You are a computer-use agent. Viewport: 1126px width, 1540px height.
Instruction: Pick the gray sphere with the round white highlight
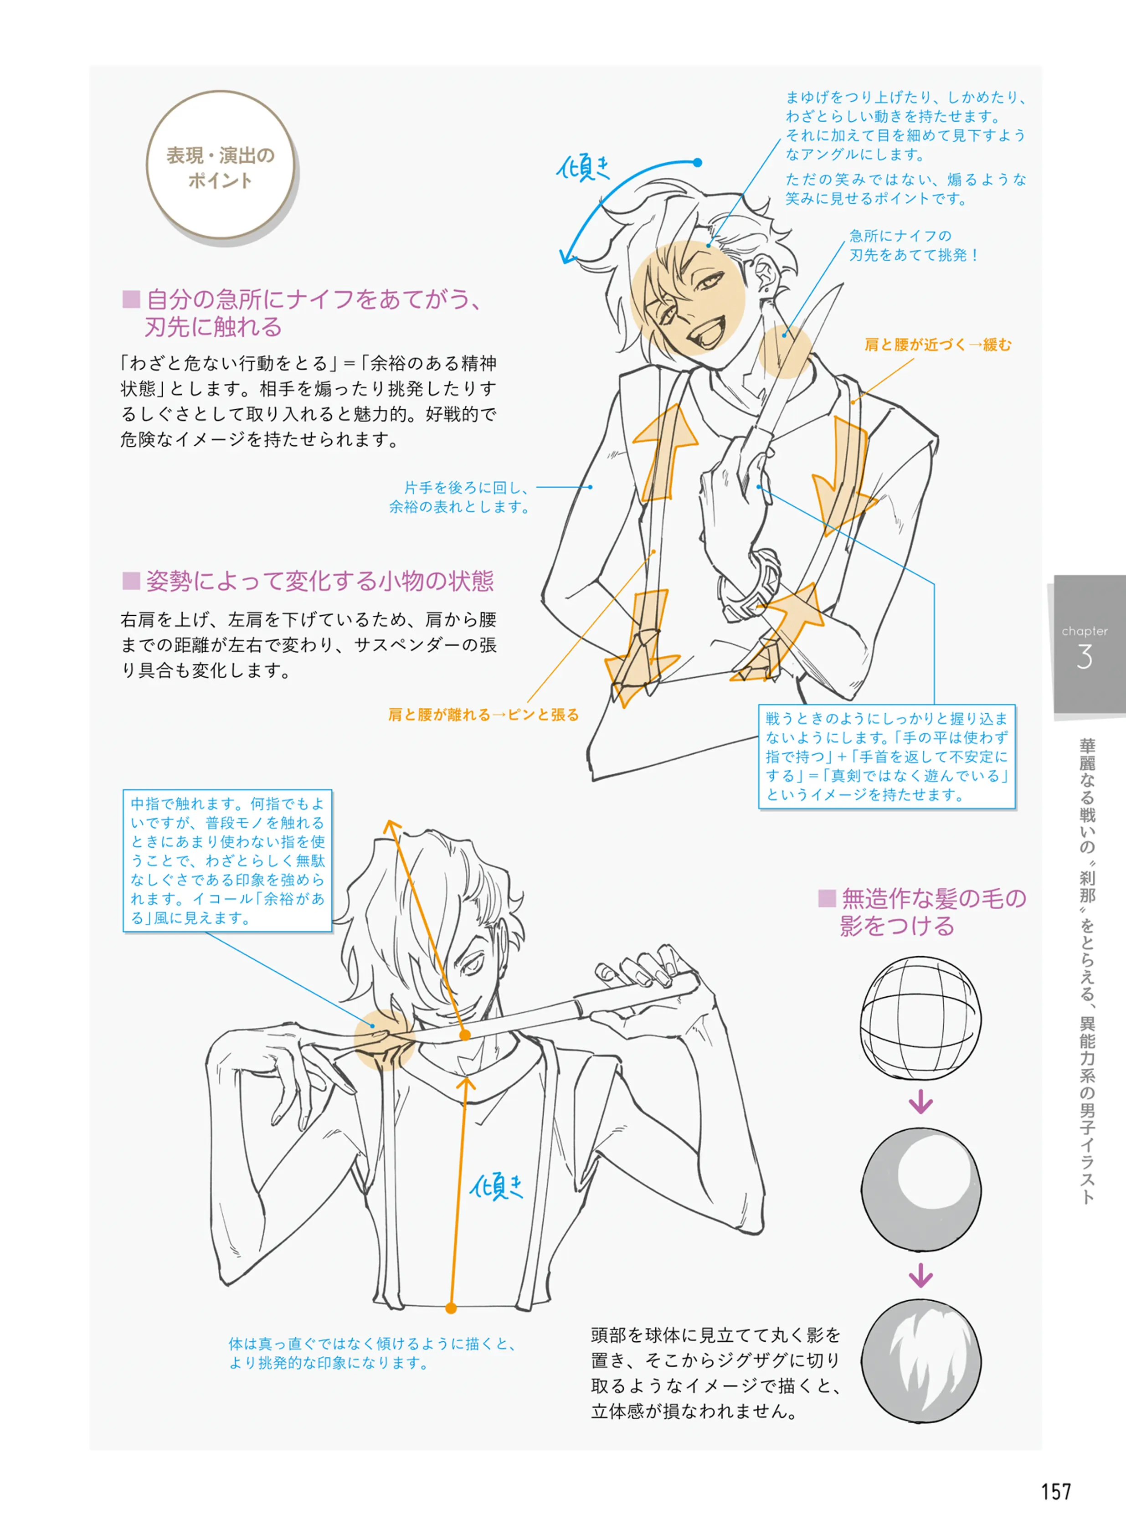pyautogui.click(x=921, y=1189)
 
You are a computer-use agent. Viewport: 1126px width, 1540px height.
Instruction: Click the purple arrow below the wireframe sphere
pyautogui.click(x=921, y=1102)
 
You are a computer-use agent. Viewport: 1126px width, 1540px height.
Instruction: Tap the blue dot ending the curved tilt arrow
pyautogui.click(x=697, y=162)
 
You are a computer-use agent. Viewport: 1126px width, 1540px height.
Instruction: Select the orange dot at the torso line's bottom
pyautogui.click(x=451, y=1308)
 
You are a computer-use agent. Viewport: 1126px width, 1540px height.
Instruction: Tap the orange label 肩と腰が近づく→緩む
pyautogui.click(x=938, y=345)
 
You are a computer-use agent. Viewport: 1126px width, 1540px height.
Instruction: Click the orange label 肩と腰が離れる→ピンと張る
pyautogui.click(x=483, y=715)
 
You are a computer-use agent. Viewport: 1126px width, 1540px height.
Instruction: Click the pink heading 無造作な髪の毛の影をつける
pyautogui.click(x=923, y=912)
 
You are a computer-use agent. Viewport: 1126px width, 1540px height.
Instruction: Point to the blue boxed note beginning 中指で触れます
pyautogui.click(x=228, y=860)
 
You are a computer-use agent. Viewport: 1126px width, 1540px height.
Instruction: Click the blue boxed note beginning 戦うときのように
pyautogui.click(x=887, y=757)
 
